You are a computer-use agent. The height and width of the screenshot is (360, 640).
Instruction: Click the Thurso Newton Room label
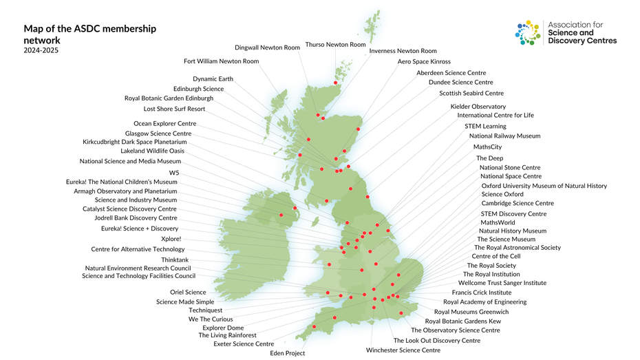click(335, 45)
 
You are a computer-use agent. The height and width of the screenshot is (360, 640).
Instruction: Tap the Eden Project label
click(287, 353)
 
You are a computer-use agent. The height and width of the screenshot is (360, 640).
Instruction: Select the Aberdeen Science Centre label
click(451, 73)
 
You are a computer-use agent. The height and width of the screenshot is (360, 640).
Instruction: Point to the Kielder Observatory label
click(478, 107)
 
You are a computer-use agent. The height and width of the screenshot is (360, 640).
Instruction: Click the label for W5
click(173, 172)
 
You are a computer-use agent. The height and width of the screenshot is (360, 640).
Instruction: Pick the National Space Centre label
click(511, 176)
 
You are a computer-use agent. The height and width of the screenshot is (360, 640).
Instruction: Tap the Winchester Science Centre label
click(403, 350)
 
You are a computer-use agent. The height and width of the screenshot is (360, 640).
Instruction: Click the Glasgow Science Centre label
click(158, 134)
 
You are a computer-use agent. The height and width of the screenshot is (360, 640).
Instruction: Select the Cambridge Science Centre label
click(518, 203)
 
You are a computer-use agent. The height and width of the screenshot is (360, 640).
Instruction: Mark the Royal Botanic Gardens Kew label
click(462, 321)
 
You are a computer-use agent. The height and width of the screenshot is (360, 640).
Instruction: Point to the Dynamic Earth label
click(213, 79)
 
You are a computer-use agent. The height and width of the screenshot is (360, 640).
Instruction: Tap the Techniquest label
click(206, 310)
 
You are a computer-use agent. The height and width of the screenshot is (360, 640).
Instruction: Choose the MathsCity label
click(487, 147)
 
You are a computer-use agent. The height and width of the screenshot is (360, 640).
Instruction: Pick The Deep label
click(489, 158)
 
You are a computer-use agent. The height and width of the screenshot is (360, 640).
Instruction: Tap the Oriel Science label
click(188, 293)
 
